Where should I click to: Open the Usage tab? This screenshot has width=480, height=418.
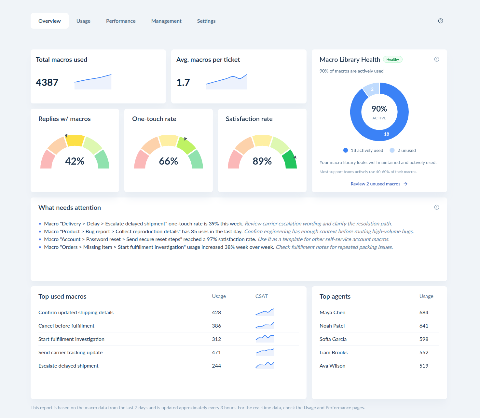point(83,21)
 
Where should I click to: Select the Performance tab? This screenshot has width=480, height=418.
point(121,21)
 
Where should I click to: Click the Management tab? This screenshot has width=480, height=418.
point(166,21)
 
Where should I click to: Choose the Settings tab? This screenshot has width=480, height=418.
point(206,21)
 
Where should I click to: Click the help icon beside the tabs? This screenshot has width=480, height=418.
point(440,21)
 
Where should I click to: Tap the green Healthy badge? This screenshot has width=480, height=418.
point(392,59)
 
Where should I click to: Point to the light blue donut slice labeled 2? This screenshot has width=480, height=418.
point(372,89)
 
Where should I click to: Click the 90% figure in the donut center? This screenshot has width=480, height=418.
point(379,109)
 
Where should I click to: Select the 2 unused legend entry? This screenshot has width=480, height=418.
point(403,150)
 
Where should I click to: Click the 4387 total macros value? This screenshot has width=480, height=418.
point(47,82)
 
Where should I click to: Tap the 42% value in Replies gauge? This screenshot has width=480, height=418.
point(75,161)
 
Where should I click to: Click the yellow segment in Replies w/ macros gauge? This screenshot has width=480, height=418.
point(75,140)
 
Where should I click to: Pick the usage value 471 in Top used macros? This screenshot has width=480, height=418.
point(216,352)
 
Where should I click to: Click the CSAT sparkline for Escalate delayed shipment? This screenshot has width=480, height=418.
point(265,365)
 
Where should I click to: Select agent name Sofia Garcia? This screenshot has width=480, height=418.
point(333,339)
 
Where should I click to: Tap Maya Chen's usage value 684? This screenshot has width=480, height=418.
point(424,312)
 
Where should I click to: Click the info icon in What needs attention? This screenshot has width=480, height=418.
point(436,207)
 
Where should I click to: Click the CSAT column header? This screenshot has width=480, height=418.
point(261,296)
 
